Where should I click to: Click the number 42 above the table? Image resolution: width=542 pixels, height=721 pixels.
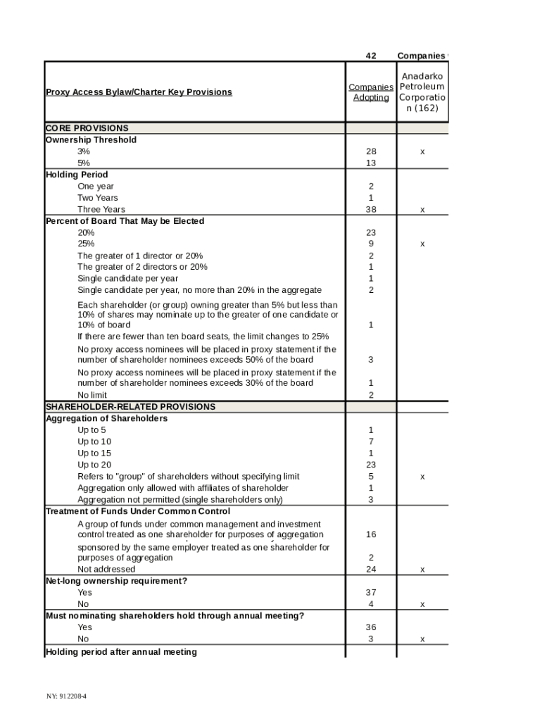click(371, 56)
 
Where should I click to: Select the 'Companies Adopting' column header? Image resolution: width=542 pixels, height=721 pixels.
click(371, 92)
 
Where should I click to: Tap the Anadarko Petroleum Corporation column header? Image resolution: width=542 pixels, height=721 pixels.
click(422, 92)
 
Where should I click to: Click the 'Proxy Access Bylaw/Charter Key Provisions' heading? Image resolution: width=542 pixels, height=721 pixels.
click(139, 92)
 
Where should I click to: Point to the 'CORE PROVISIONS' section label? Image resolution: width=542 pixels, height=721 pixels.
click(87, 128)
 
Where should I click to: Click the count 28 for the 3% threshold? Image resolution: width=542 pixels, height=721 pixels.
click(371, 151)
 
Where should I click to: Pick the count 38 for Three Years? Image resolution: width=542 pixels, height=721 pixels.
click(371, 210)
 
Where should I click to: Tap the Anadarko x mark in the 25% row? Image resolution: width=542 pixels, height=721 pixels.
click(422, 244)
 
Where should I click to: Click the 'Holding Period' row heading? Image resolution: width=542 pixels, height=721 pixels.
click(77, 175)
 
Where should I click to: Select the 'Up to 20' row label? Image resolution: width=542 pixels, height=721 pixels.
click(94, 465)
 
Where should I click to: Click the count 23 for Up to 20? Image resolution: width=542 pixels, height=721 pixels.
click(371, 465)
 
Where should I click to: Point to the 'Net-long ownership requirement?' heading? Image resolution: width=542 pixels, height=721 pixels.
click(116, 581)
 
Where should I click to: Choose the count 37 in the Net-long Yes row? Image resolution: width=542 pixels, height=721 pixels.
click(371, 593)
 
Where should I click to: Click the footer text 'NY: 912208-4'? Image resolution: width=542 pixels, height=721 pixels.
click(67, 696)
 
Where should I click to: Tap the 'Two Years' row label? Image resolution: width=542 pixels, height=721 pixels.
click(98, 198)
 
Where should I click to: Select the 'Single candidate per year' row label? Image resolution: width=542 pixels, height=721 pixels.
click(127, 279)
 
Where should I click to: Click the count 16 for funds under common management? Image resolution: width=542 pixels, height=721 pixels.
click(371, 535)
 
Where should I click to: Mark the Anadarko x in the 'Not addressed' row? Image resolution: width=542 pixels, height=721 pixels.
click(422, 570)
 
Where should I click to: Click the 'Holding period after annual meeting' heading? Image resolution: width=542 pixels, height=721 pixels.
click(121, 652)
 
